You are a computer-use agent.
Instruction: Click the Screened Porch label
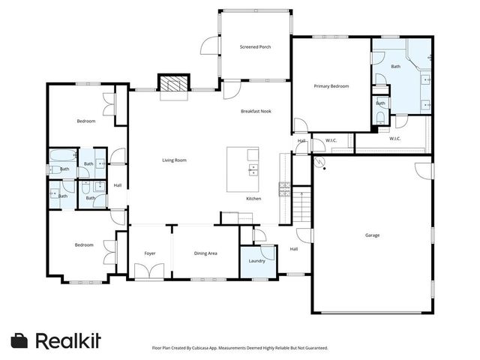coord(255,47)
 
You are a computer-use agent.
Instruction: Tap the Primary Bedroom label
coord(331,86)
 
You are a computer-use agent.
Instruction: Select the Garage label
coord(372,235)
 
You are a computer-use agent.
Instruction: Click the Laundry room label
coord(256,261)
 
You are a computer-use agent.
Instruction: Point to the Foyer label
coord(150,253)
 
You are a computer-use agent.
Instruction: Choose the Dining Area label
coord(205,253)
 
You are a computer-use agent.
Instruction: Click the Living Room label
coord(175,160)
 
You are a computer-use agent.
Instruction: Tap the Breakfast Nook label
coord(255,112)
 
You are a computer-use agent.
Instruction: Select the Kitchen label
coord(254,198)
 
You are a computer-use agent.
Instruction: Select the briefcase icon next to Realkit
coord(19,340)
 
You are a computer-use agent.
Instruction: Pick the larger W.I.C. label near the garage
coord(394,139)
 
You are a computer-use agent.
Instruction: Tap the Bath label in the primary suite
coord(395,67)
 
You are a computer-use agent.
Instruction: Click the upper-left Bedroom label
coord(85,121)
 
